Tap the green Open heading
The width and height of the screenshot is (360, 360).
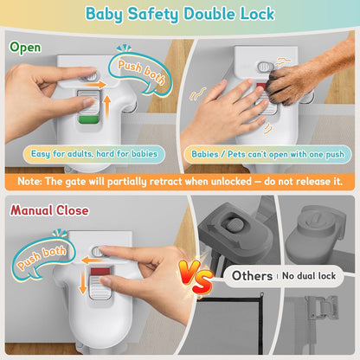[25, 48]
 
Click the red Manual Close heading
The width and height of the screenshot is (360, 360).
[49, 210]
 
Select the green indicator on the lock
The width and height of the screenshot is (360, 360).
[88, 120]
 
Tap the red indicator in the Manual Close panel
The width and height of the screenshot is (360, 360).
[100, 272]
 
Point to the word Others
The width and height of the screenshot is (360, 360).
[252, 276]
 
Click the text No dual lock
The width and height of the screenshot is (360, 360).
[309, 276]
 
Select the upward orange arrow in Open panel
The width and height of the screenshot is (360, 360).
[107, 106]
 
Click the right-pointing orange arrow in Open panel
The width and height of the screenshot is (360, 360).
[94, 85]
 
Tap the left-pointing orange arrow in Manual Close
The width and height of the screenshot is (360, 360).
[92, 260]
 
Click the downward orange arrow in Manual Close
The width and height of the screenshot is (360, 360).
[83, 283]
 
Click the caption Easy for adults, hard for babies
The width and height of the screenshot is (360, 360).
[94, 154]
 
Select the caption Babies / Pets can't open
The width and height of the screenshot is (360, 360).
[268, 154]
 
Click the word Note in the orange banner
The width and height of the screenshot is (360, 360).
[29, 181]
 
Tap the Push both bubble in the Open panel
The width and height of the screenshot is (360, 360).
[141, 73]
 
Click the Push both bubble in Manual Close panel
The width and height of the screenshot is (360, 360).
[42, 257]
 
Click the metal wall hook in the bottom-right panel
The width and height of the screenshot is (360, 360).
[321, 306]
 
